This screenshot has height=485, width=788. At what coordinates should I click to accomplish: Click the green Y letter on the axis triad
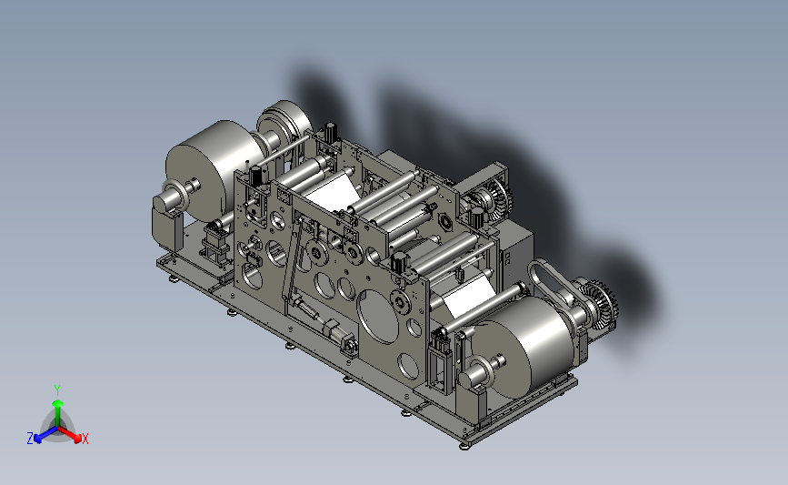(56, 390)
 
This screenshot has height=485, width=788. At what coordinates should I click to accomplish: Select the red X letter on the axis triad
(85, 439)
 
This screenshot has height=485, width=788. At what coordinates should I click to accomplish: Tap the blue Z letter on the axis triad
(30, 439)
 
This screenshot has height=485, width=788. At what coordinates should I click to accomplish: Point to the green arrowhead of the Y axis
(58, 403)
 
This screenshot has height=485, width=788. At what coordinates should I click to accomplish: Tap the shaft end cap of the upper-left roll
(162, 203)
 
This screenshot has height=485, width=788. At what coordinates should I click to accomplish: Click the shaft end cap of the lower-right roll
(468, 379)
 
